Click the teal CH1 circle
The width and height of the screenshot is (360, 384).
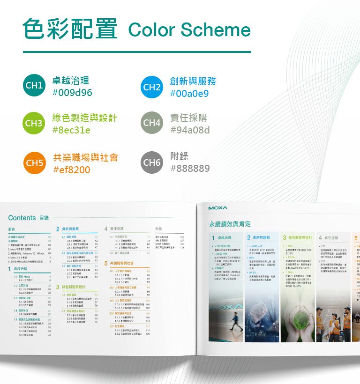tap(34, 86)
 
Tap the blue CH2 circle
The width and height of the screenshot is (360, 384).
tap(152, 87)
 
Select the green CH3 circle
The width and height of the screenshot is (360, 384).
tap(34, 124)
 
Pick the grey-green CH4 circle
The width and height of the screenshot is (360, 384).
tap(152, 124)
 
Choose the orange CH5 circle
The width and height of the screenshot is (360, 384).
tap(34, 163)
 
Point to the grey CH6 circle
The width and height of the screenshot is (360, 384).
tap(152, 163)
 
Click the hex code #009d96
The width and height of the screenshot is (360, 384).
tap(72, 93)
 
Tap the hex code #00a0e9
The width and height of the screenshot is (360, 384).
tap(189, 93)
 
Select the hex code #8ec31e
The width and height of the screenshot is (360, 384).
tap(71, 130)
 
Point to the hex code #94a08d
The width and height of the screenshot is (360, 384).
tap(190, 130)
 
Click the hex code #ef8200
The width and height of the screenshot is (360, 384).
tap(72, 170)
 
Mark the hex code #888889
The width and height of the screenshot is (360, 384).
tap(190, 168)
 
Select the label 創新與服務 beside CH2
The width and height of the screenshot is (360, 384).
tap(193, 81)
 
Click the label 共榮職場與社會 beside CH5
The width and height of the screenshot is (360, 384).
tap(85, 157)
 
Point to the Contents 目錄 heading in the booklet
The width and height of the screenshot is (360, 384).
tap(29, 218)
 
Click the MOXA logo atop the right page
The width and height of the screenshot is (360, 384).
tap(218, 208)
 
